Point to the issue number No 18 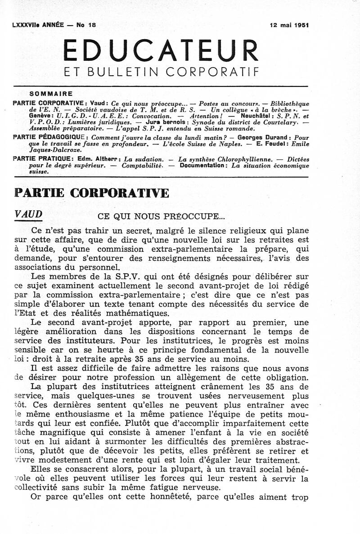point(85,26)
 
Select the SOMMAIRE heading point(51,94)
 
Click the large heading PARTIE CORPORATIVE point(92,192)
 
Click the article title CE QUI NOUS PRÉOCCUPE point(161,216)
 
